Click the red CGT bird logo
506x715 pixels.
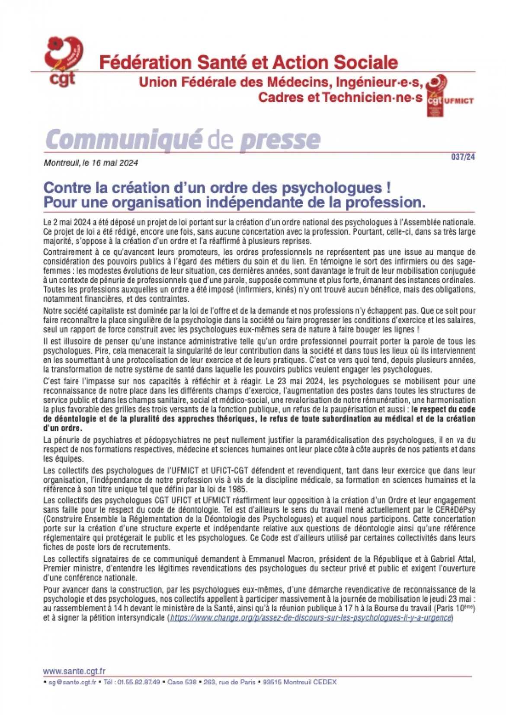point(64,61)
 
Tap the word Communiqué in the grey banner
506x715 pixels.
point(124,139)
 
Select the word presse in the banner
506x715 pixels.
point(280,139)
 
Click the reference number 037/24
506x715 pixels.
point(463,157)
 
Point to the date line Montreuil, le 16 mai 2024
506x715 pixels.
point(91,163)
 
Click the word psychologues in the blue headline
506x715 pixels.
point(331,188)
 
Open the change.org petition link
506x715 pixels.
point(311,617)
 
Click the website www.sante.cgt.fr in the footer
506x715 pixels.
point(74,671)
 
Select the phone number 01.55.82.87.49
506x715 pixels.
point(141,682)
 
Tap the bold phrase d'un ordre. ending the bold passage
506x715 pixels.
point(62,428)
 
